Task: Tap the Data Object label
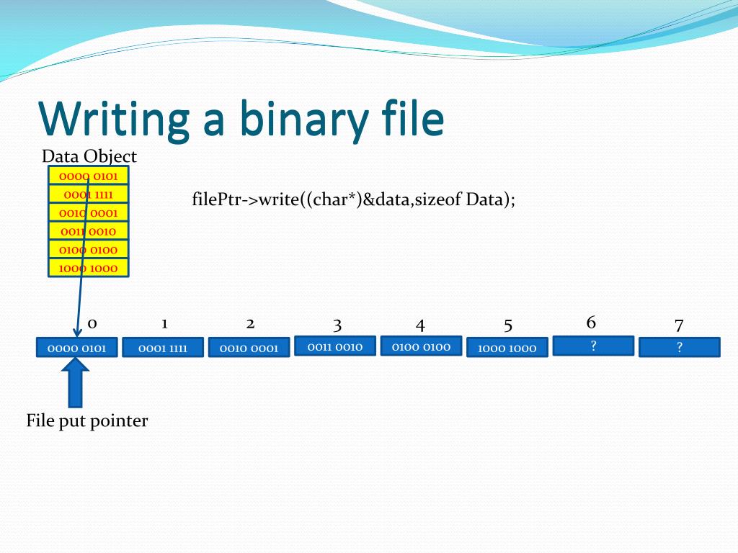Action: [89, 156]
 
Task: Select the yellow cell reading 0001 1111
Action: [88, 194]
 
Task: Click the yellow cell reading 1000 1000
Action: [88, 269]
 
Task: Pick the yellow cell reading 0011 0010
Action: [88, 231]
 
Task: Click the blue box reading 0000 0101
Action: [76, 349]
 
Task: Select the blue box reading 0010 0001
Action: [249, 349]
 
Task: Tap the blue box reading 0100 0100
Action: [421, 346]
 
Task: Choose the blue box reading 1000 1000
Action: [507, 349]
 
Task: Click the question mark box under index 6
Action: [593, 346]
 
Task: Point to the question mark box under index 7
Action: [679, 348]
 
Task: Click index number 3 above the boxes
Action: [337, 325]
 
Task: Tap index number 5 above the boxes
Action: [508, 325]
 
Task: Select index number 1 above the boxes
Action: [164, 323]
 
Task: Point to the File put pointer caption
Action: [87, 421]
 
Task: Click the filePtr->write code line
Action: [353, 199]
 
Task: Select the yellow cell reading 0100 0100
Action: [88, 250]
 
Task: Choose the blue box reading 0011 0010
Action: [335, 346]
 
